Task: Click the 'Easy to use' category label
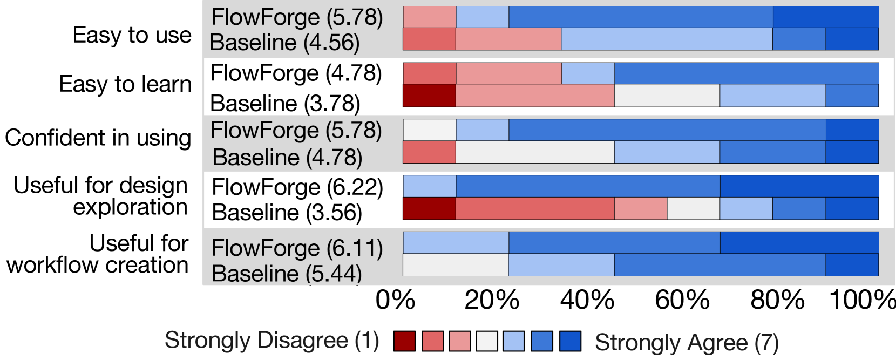[x=132, y=35]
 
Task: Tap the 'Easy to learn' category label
[x=125, y=84]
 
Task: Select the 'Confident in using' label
[x=98, y=138]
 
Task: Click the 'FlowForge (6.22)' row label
[x=297, y=187]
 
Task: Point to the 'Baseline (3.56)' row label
[x=287, y=212]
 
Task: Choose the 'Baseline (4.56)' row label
[x=284, y=43]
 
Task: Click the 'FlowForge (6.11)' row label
[x=297, y=248]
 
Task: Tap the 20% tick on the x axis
[x=491, y=300]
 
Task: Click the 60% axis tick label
[x=682, y=300]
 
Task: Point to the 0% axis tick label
[x=395, y=300]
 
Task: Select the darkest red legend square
[x=404, y=341]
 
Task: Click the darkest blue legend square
[x=570, y=341]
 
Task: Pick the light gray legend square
[x=487, y=341]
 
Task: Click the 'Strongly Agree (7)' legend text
[x=687, y=342]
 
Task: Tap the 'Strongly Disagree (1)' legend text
[x=272, y=340]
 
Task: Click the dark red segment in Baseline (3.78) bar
[x=429, y=96]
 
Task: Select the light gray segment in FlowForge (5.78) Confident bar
[x=429, y=130]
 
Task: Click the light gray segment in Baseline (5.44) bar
[x=456, y=265]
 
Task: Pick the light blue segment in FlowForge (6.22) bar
[x=429, y=187]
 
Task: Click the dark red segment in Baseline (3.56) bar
[x=429, y=209]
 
